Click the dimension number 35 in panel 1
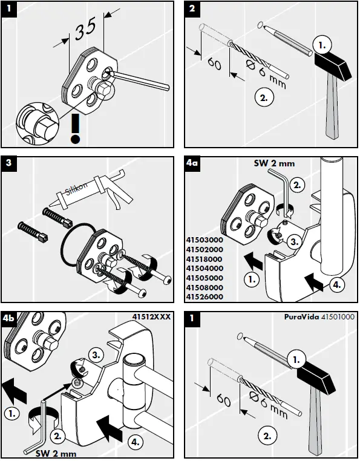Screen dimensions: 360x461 click(x=85, y=28)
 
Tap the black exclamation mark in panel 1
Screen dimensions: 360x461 click(x=76, y=128)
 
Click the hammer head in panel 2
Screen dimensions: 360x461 click(x=333, y=65)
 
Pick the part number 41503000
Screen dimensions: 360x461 click(x=205, y=240)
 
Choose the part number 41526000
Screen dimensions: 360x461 click(x=205, y=297)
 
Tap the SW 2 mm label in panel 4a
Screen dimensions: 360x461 click(x=274, y=163)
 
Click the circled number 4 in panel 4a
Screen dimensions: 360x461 click(x=337, y=284)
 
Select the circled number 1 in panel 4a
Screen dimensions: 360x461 click(x=252, y=280)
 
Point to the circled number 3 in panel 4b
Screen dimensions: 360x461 click(x=96, y=355)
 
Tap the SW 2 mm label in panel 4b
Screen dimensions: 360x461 click(x=56, y=453)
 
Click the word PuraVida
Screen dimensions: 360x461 click(x=301, y=317)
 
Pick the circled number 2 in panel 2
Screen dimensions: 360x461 click(x=264, y=97)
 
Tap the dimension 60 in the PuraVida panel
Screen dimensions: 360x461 click(x=223, y=401)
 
